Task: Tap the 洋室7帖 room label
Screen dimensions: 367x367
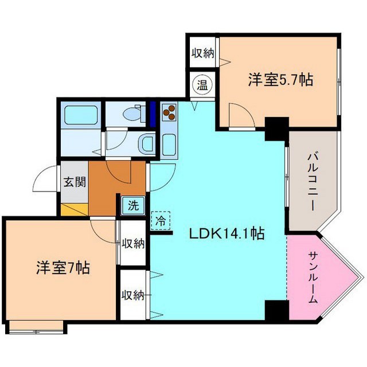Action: click(63, 268)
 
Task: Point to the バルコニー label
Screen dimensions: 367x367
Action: click(313, 180)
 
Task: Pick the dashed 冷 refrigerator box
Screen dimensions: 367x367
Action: click(161, 220)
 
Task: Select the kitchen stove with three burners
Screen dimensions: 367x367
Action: click(170, 115)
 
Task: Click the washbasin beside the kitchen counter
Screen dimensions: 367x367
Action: click(146, 143)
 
